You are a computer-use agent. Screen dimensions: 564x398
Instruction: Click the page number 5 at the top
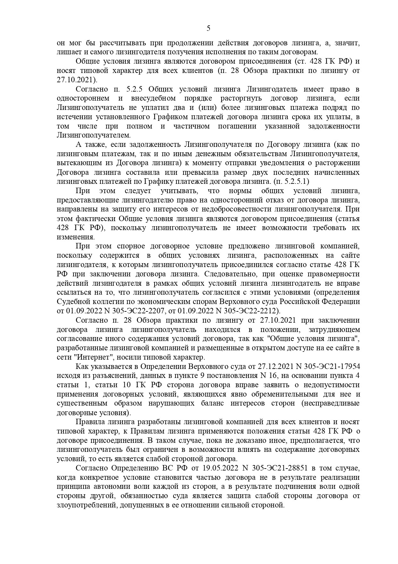pyautogui.click(x=208, y=28)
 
